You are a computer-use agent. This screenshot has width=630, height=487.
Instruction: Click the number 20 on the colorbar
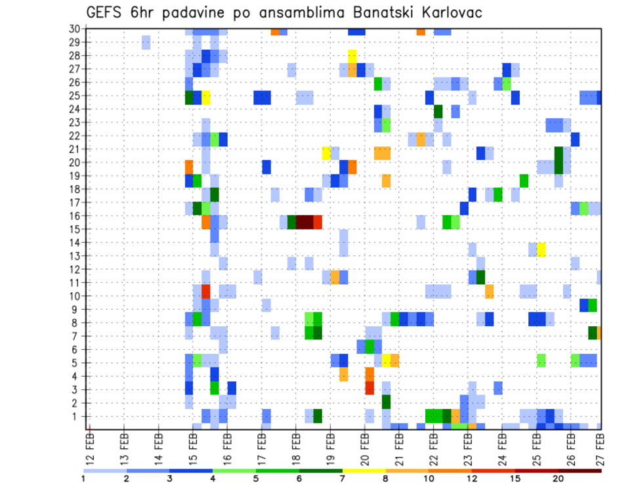558,478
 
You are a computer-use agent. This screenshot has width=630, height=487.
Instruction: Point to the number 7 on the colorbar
343,478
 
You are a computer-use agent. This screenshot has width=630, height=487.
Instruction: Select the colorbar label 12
472,478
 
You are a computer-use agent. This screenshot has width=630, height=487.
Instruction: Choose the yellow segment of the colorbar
364,471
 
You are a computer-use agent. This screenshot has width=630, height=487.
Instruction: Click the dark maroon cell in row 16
304,221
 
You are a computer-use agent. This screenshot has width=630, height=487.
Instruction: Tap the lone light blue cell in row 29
146,43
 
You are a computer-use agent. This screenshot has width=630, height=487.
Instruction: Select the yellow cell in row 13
541,249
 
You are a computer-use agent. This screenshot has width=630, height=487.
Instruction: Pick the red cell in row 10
205,291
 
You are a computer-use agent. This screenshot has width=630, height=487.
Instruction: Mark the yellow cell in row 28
352,56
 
